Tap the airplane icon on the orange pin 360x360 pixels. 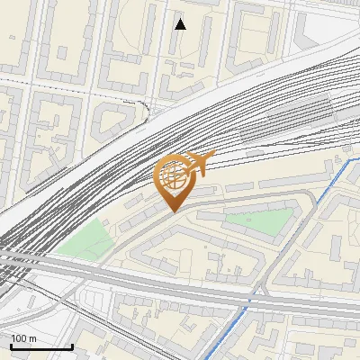pyautogui.click(x=198, y=165)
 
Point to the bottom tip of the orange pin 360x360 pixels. pyautogui.click(x=173, y=211)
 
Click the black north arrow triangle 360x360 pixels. pyautogui.click(x=180, y=24)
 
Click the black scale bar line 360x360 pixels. pyautogui.click(x=41, y=347)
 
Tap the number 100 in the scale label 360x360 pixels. pyautogui.click(x=18, y=338)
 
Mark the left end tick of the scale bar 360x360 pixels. pyautogui.click(x=11, y=346)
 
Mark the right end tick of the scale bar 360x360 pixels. pyautogui.click(x=72, y=346)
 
